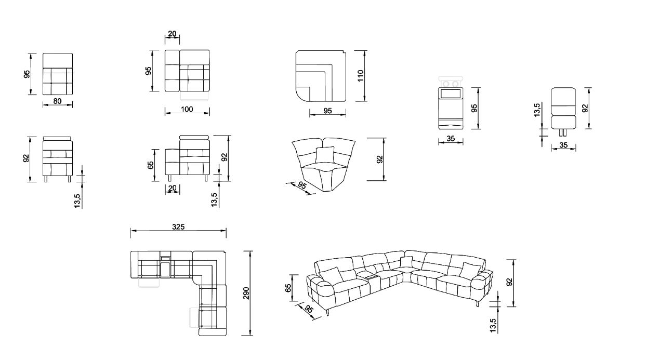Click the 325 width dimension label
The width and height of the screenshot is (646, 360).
coord(178,227)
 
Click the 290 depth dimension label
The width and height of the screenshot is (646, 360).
coord(246,293)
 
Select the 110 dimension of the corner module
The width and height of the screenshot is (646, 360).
coord(361,75)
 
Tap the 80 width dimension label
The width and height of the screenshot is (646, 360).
coord(57,101)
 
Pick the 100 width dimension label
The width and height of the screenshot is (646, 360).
coord(187,109)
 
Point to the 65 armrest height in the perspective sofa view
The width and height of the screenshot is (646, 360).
coord(288,288)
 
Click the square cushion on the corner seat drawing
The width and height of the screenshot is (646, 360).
coord(325,155)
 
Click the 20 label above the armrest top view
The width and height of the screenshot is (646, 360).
coord(172,34)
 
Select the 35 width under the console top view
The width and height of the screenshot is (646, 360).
coord(451,139)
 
